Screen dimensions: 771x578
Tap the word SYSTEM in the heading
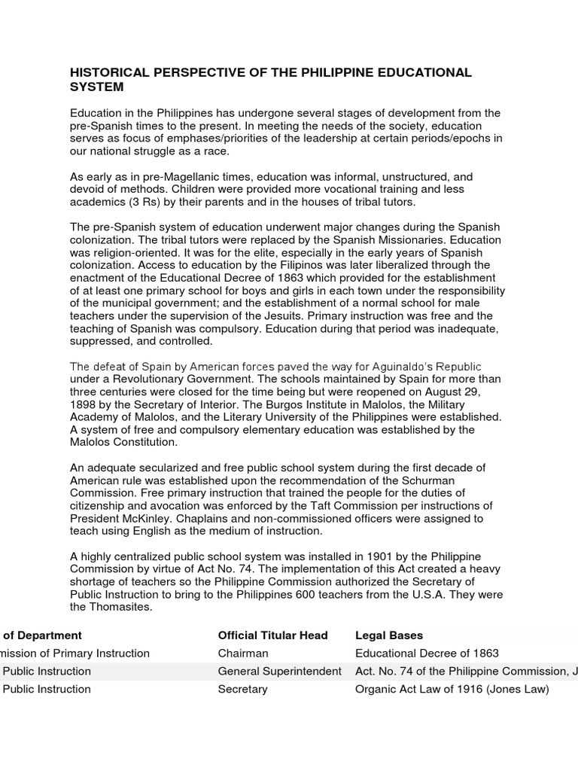coord(96,87)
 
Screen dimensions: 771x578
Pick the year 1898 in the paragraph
coord(84,405)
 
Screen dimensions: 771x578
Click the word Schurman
coord(422,480)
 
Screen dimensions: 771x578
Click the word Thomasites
coord(121,607)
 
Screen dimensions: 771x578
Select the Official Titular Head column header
coord(272,635)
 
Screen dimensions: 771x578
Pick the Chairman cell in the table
coord(242,654)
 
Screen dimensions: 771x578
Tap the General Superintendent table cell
coord(279,671)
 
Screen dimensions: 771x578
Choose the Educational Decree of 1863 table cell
coord(426,654)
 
